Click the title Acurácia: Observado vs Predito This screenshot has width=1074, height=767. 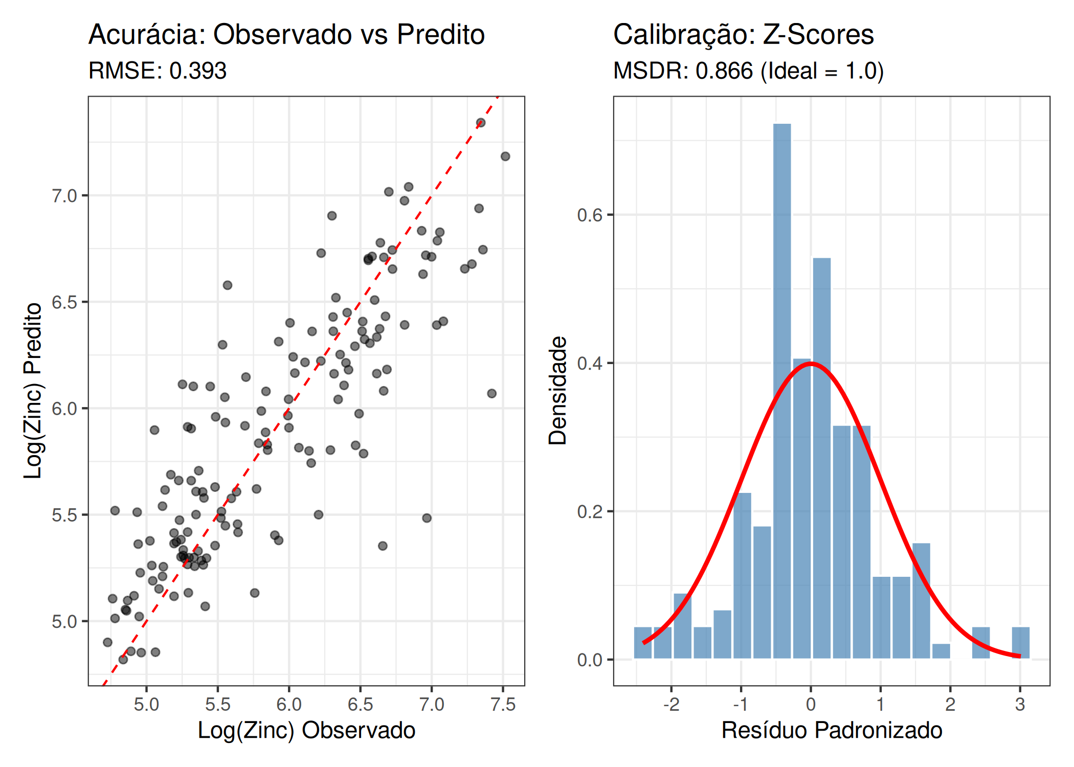(286, 35)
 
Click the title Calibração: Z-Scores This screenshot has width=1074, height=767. (743, 35)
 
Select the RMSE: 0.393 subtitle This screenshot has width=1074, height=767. (157, 71)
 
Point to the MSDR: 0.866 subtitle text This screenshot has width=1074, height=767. (748, 71)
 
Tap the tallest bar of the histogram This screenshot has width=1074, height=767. (781, 389)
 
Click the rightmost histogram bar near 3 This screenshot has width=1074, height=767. (1020, 643)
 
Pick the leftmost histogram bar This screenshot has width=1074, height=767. (642, 643)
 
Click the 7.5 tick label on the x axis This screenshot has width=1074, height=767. (503, 705)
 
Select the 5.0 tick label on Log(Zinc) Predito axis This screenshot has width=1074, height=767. (64, 622)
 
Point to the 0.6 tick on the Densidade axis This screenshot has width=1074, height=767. (590, 215)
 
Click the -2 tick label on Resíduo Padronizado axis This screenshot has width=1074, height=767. (671, 705)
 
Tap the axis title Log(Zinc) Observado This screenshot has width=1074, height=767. (306, 730)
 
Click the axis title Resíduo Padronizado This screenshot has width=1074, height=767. (832, 730)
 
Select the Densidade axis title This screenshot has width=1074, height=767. (557, 391)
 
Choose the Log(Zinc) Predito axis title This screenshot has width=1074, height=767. (33, 391)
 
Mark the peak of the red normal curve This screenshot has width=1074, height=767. (811, 364)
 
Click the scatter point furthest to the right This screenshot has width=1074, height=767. (505, 156)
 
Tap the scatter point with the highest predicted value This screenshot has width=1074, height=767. (481, 123)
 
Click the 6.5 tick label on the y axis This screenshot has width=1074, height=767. (64, 302)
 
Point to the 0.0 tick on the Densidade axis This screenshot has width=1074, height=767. (590, 660)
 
